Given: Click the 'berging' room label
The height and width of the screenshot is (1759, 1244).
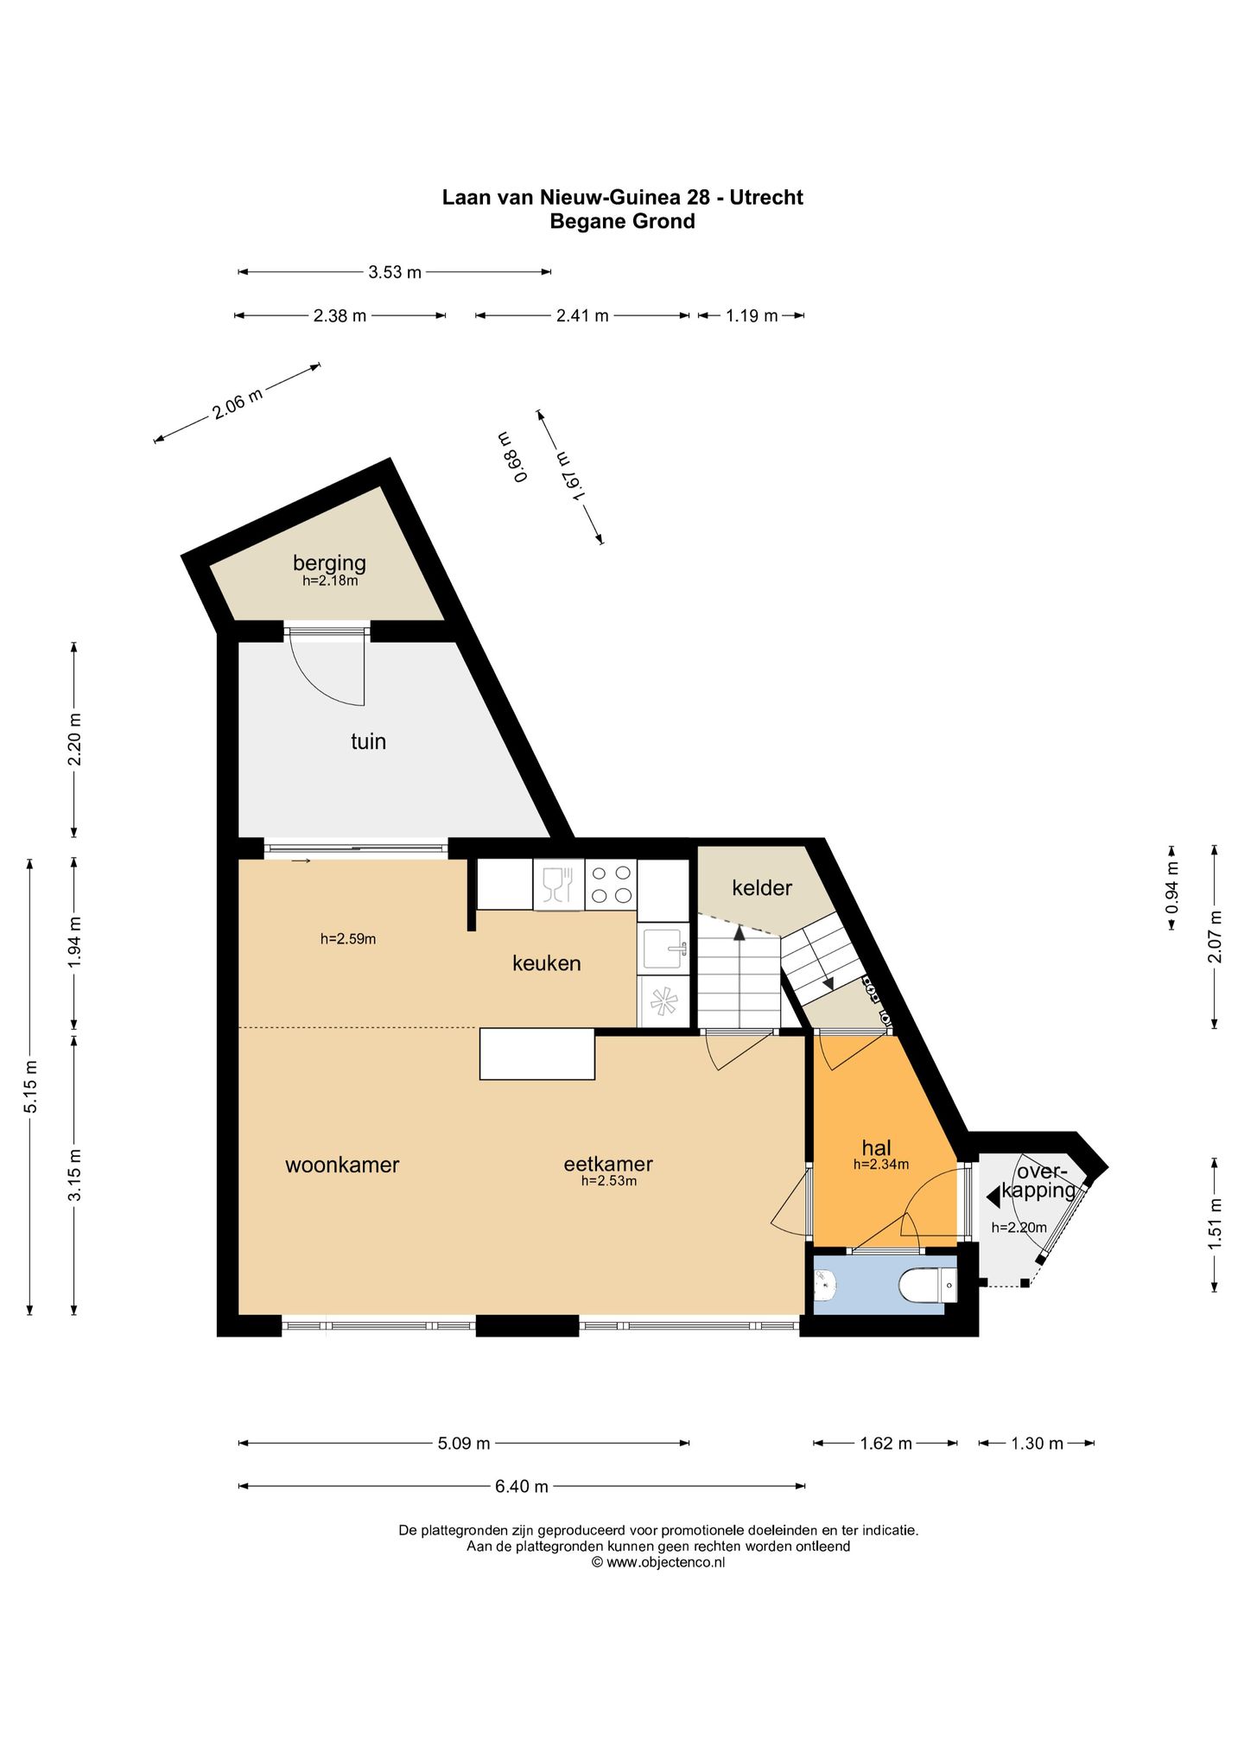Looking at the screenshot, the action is pyautogui.click(x=329, y=563).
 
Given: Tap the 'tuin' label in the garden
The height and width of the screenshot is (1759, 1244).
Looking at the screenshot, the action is pyautogui.click(x=368, y=741).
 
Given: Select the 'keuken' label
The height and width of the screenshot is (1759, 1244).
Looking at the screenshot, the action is pyautogui.click(x=546, y=962).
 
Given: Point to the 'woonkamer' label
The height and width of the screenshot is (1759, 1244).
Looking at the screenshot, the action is pyautogui.click(x=342, y=1165).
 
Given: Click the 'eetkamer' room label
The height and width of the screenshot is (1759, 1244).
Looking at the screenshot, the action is pyautogui.click(x=608, y=1164).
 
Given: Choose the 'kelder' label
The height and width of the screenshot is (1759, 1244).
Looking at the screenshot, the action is pyautogui.click(x=762, y=887).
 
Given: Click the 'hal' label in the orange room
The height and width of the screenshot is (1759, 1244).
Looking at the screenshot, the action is pyautogui.click(x=876, y=1147).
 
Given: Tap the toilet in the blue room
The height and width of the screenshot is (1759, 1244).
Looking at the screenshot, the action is pyautogui.click(x=928, y=1286).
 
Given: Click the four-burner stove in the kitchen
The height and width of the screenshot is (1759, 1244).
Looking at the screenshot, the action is pyautogui.click(x=611, y=884).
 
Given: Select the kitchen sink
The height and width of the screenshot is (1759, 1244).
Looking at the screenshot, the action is pyautogui.click(x=663, y=949).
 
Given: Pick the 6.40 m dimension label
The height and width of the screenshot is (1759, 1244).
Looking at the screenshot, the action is pyautogui.click(x=521, y=1487).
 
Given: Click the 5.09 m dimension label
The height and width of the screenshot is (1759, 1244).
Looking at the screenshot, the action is pyautogui.click(x=463, y=1444).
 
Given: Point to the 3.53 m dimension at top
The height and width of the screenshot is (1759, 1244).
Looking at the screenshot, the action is pyautogui.click(x=395, y=273).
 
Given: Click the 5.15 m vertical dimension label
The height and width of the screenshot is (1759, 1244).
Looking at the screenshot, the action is pyautogui.click(x=30, y=1086).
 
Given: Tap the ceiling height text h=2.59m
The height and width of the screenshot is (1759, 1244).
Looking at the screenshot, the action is pyautogui.click(x=348, y=938).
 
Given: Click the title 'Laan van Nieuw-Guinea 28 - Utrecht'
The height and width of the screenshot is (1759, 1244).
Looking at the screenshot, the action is pyautogui.click(x=622, y=197).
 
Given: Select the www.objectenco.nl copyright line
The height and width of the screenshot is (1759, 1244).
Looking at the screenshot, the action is pyautogui.click(x=657, y=1563).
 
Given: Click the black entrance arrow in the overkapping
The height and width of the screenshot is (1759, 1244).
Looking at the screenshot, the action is pyautogui.click(x=993, y=1196).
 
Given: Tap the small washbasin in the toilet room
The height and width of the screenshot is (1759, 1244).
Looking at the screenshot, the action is pyautogui.click(x=824, y=1286).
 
